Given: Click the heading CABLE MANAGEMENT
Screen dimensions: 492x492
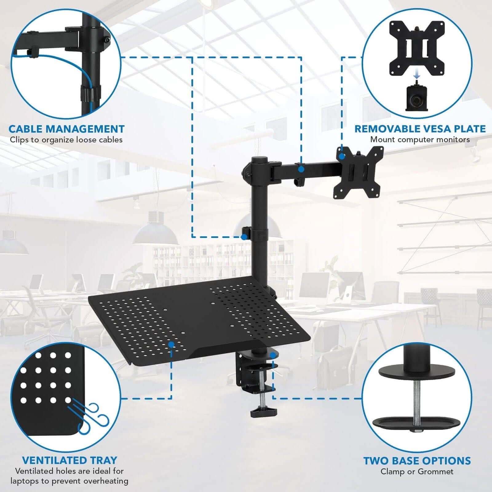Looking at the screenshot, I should pos(66,129).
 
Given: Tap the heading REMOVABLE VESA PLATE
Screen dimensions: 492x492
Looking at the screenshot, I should pos(420,129).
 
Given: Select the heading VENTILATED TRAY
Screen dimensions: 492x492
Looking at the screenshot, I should pos(69,460).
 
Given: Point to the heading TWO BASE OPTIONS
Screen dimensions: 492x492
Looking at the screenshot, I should pos(417,461).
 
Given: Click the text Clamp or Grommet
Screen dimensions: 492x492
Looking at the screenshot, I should pos(417,471).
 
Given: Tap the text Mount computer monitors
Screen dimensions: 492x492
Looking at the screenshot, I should pos(420,139).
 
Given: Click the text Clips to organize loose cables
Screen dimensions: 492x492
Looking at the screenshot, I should pos(66,140).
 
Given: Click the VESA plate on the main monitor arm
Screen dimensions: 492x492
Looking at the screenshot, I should pos(359,173).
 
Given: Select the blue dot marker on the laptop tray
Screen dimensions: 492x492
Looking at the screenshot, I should pos(171,344).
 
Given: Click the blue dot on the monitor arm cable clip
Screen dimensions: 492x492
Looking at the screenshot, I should pos(301,169).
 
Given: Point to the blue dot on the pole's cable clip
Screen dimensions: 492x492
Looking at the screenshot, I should pos(244,237).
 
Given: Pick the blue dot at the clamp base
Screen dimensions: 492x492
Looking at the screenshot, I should pos(272,355).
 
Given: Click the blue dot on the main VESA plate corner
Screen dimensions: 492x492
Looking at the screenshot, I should pos(341,156).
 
